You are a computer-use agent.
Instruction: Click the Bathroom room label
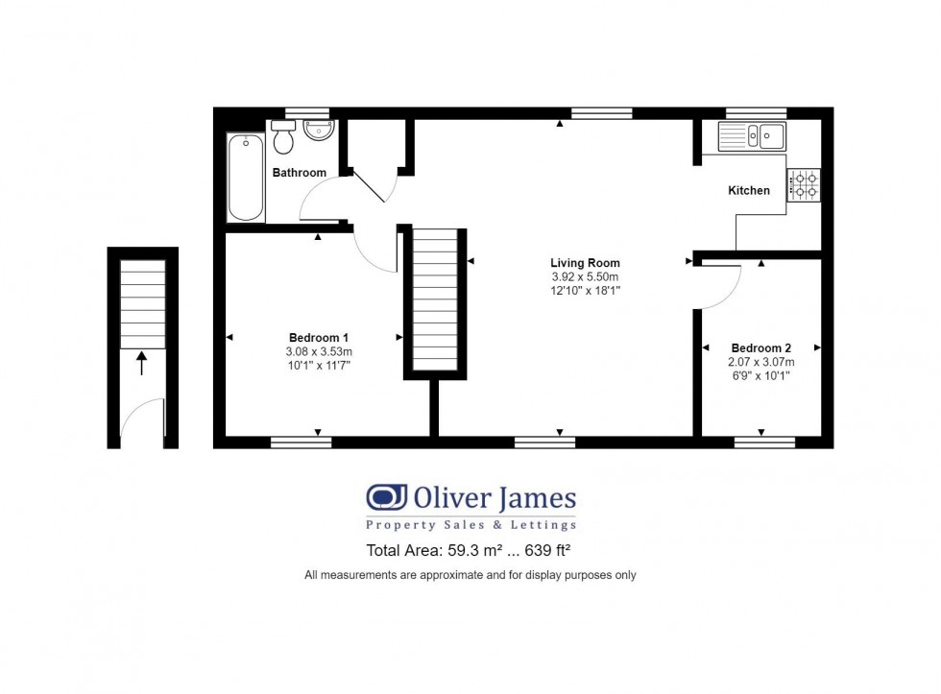point(299,173)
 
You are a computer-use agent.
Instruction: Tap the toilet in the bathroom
point(282,136)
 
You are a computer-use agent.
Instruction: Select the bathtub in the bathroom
point(246,177)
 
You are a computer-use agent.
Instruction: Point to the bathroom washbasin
point(318,131)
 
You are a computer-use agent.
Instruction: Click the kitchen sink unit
point(752,136)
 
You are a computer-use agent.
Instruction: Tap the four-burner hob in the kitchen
point(804,184)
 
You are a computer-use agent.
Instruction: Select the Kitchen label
point(748,191)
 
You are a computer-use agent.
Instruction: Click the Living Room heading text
point(585,263)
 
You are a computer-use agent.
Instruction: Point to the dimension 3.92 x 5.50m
point(585,276)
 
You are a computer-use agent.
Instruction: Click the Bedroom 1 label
point(319,338)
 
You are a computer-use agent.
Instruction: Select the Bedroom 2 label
point(760,347)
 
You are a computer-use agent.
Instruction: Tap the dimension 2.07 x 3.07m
point(760,362)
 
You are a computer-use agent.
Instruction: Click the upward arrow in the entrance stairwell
point(142,364)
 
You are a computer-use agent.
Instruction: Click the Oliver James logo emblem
point(386,497)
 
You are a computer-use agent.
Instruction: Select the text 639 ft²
point(547,550)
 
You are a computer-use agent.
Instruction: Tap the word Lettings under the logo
point(543,525)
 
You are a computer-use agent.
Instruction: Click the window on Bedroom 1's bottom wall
point(301,443)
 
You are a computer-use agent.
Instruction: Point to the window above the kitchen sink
point(757,112)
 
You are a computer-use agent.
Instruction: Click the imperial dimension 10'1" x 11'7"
point(319,366)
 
